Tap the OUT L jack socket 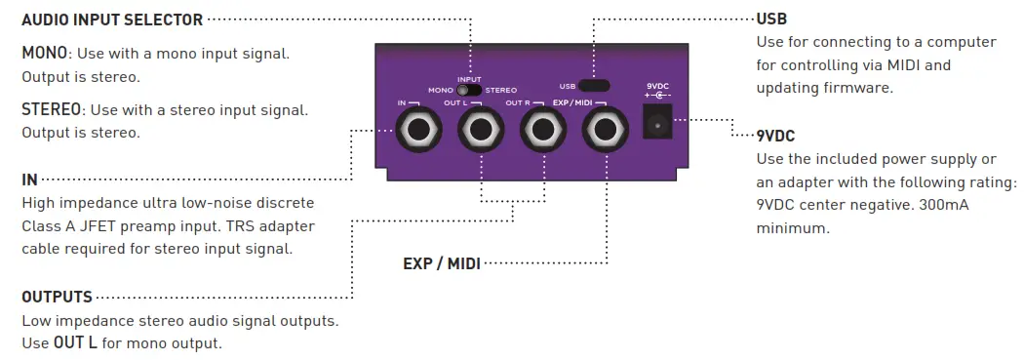(x=479, y=129)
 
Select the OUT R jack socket (x=541, y=129)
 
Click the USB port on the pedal (x=593, y=85)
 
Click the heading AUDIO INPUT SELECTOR (x=112, y=20)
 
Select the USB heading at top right (x=771, y=20)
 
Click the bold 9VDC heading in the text (x=776, y=136)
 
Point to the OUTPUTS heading (x=57, y=297)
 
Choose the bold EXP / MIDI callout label (x=442, y=262)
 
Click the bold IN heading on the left (x=29, y=180)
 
